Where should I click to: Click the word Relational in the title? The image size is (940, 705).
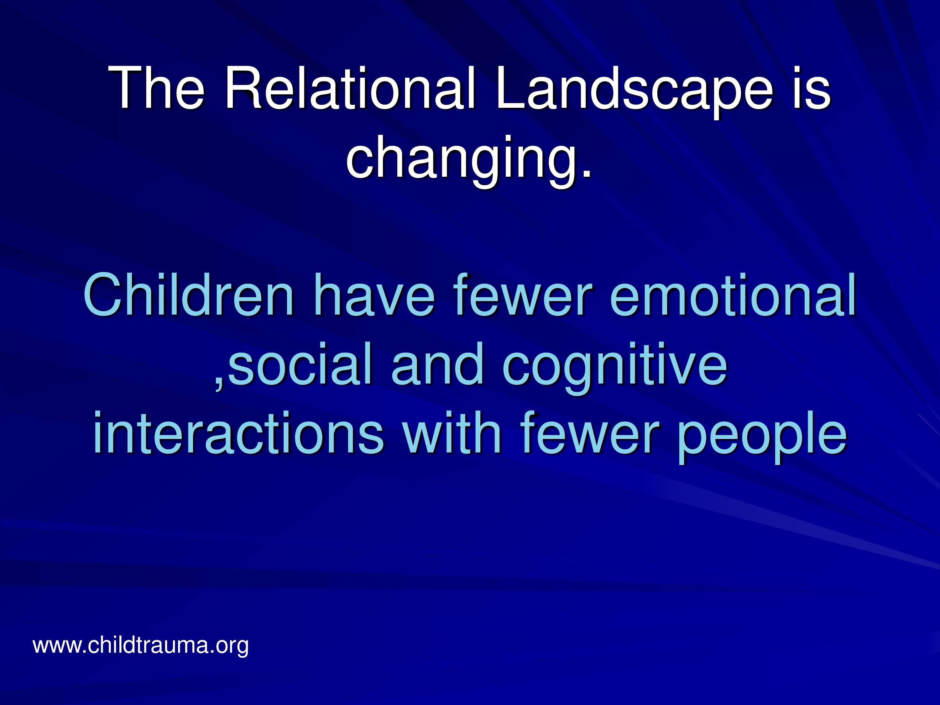(351, 88)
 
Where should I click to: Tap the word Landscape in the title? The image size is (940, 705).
(634, 93)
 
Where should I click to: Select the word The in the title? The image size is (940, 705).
(158, 88)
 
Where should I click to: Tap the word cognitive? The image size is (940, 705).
(614, 368)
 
